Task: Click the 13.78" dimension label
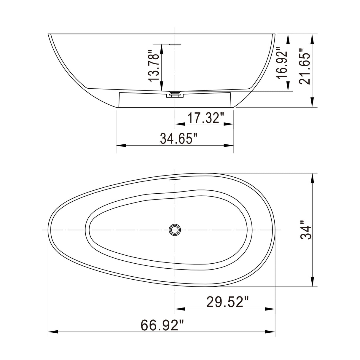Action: (x=154, y=67)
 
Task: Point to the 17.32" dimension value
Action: (x=205, y=118)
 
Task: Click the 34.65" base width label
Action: (x=179, y=138)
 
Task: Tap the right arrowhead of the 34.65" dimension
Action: (x=229, y=145)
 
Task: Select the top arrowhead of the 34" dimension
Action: (x=312, y=178)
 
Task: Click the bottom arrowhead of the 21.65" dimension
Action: (x=312, y=102)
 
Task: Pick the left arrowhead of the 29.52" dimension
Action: (x=180, y=309)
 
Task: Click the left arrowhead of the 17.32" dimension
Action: (x=180, y=124)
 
